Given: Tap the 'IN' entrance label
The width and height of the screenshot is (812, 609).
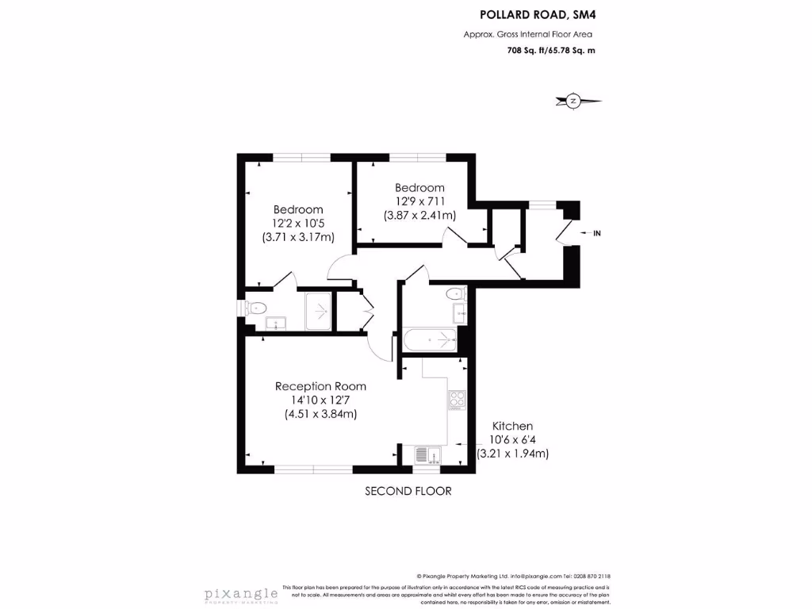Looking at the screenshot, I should click(597, 233).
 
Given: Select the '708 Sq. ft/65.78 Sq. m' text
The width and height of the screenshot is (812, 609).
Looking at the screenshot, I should click(550, 51).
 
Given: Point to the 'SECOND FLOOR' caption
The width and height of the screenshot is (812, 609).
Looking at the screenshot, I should click(408, 491).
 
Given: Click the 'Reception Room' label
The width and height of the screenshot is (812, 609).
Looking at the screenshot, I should click(320, 386).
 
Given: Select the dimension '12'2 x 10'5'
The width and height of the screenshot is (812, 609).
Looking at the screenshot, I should click(298, 223).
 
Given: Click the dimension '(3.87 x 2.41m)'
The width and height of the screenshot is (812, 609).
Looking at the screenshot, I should click(419, 215).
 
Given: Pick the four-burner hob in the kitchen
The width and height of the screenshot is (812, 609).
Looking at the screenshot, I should click(457, 400).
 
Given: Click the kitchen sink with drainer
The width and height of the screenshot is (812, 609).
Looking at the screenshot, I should click(424, 455).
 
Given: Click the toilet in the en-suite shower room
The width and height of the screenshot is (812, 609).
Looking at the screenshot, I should click(259, 308).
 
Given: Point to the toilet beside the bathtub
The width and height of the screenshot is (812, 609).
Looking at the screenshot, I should click(457, 295).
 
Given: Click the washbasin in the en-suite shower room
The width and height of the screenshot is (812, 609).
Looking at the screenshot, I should click(275, 322).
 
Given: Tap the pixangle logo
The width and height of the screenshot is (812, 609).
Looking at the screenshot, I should click(241, 594).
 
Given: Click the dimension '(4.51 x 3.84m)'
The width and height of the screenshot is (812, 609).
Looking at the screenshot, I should click(320, 414).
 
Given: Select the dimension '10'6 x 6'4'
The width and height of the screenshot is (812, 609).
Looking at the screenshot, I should click(513, 440).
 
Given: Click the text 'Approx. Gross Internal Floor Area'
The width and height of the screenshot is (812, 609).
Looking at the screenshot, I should click(528, 34).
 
